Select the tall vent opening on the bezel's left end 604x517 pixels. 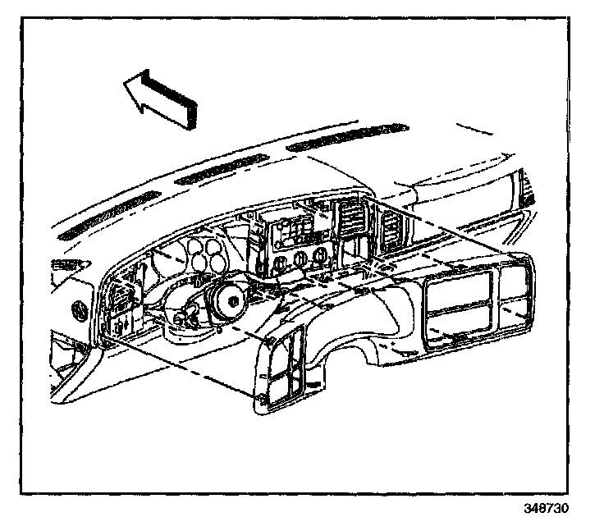[x=279, y=369]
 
